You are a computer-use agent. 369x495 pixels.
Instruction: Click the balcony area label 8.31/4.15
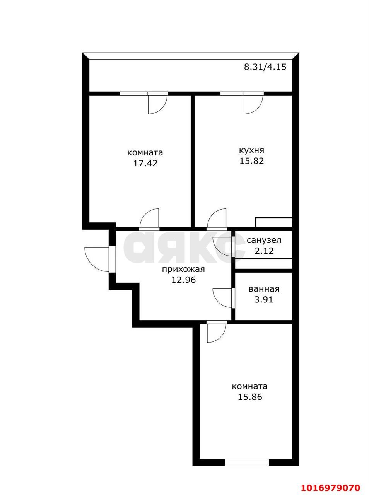point(265,67)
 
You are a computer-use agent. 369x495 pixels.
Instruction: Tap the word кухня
point(251,150)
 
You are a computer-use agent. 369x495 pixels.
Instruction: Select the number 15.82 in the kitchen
point(251,161)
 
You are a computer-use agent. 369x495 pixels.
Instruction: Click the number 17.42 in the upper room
point(145,163)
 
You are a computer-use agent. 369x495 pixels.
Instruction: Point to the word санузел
point(264,240)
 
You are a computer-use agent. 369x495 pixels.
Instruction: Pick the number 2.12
point(264,251)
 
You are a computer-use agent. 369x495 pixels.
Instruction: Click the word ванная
point(264,289)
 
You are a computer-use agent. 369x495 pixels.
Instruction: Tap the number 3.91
point(264,299)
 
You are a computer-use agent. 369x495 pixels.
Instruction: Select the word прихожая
point(183,269)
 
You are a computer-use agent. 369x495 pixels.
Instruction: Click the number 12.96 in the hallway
point(183,280)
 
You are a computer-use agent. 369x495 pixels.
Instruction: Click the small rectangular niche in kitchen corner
point(273,222)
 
